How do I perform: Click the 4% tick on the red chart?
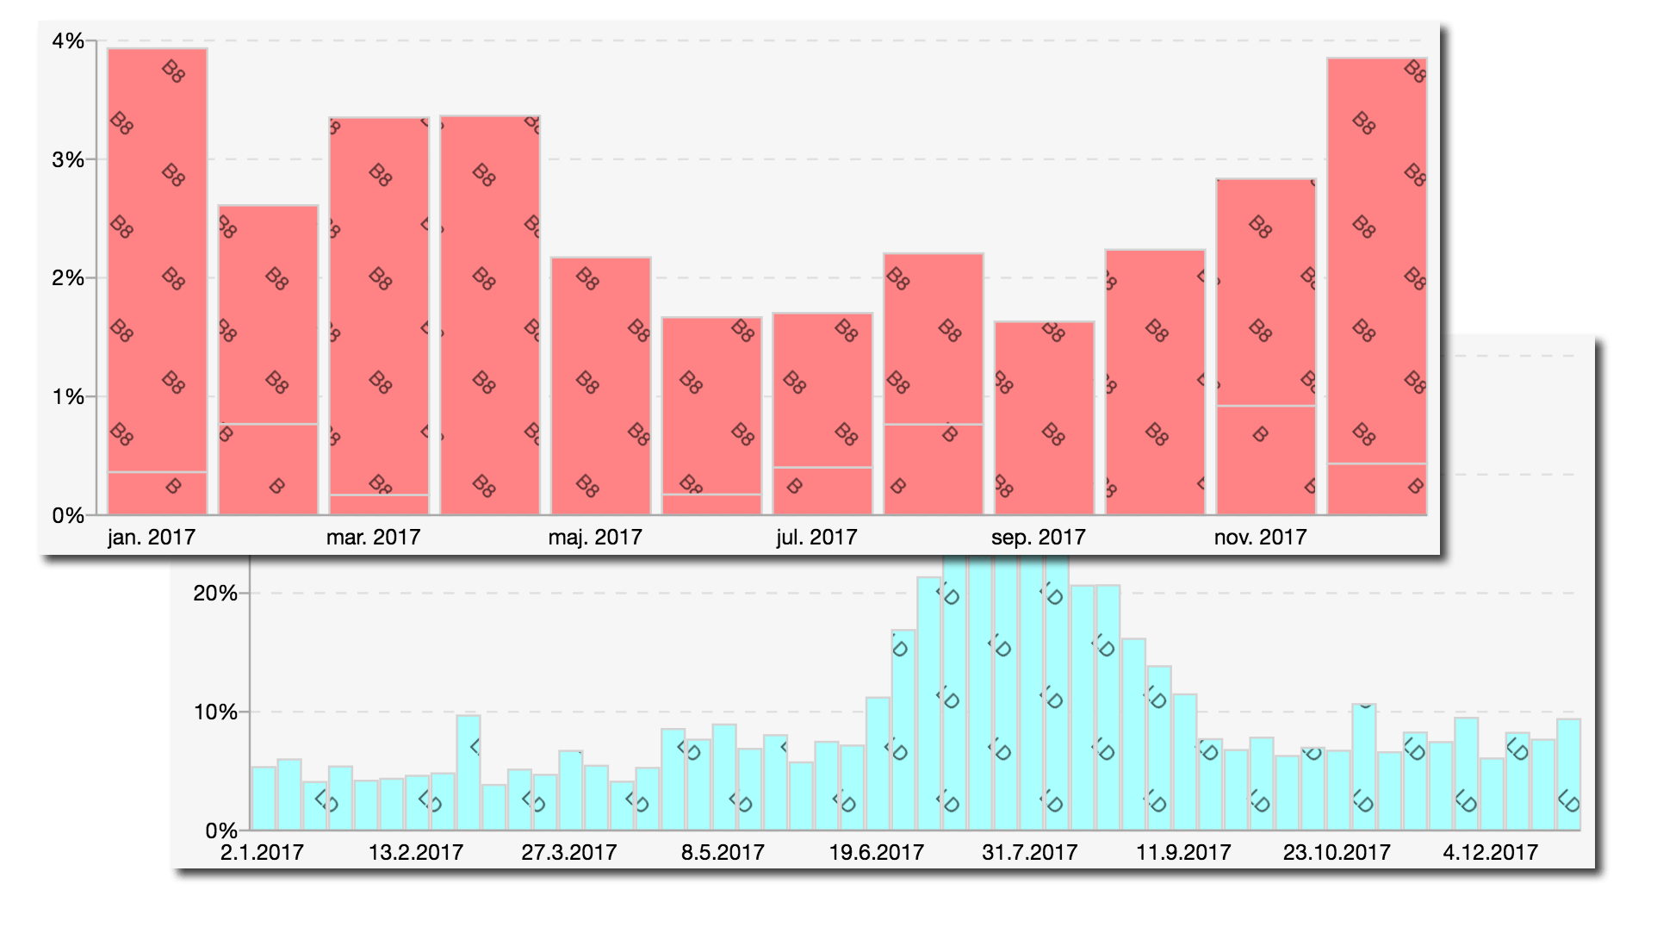click(68, 41)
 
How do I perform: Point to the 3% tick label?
click(68, 160)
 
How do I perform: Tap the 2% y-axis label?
click(68, 278)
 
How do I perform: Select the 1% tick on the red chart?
click(68, 397)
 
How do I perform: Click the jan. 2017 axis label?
click(152, 538)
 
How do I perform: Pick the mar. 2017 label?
click(373, 538)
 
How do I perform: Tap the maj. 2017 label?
click(595, 538)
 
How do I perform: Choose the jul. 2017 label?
click(816, 538)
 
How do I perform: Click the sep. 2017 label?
click(1038, 538)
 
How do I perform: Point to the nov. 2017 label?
click(1260, 538)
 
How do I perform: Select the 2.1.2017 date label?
click(262, 853)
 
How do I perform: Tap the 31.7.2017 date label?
click(1029, 853)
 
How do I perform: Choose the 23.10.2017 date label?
click(1337, 853)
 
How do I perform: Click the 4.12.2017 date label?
click(1490, 853)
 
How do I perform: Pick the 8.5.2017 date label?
click(723, 853)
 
